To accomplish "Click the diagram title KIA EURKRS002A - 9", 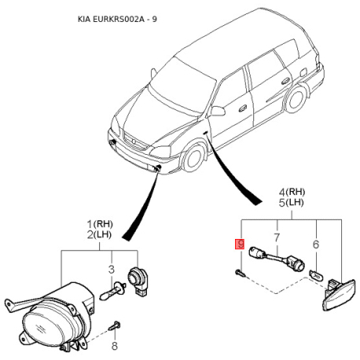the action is pyautogui.click(x=117, y=19).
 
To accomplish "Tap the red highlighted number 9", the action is pyautogui.click(x=240, y=244).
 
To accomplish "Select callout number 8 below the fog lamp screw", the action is pyautogui.click(x=115, y=346).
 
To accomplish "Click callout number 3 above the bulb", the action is pyautogui.click(x=112, y=269).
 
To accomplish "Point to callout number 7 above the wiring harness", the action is pyautogui.click(x=277, y=237).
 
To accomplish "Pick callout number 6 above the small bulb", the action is pyautogui.click(x=316, y=244).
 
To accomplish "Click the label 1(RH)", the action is pyautogui.click(x=100, y=224).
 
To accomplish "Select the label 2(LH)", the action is pyautogui.click(x=99, y=235).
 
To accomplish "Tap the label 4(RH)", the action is pyautogui.click(x=292, y=192).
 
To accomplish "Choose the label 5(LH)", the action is pyautogui.click(x=291, y=203).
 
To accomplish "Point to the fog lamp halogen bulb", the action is pyautogui.click(x=111, y=292).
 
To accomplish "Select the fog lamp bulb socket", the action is pyautogui.click(x=138, y=281).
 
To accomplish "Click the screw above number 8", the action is pyautogui.click(x=115, y=326).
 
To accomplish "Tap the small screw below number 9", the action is pyautogui.click(x=241, y=273).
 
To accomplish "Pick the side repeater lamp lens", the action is pyautogui.click(x=340, y=296).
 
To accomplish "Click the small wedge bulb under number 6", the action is pyautogui.click(x=316, y=275).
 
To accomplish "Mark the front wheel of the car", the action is pyautogui.click(x=194, y=158).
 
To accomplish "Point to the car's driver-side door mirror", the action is pyautogui.click(x=217, y=112).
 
